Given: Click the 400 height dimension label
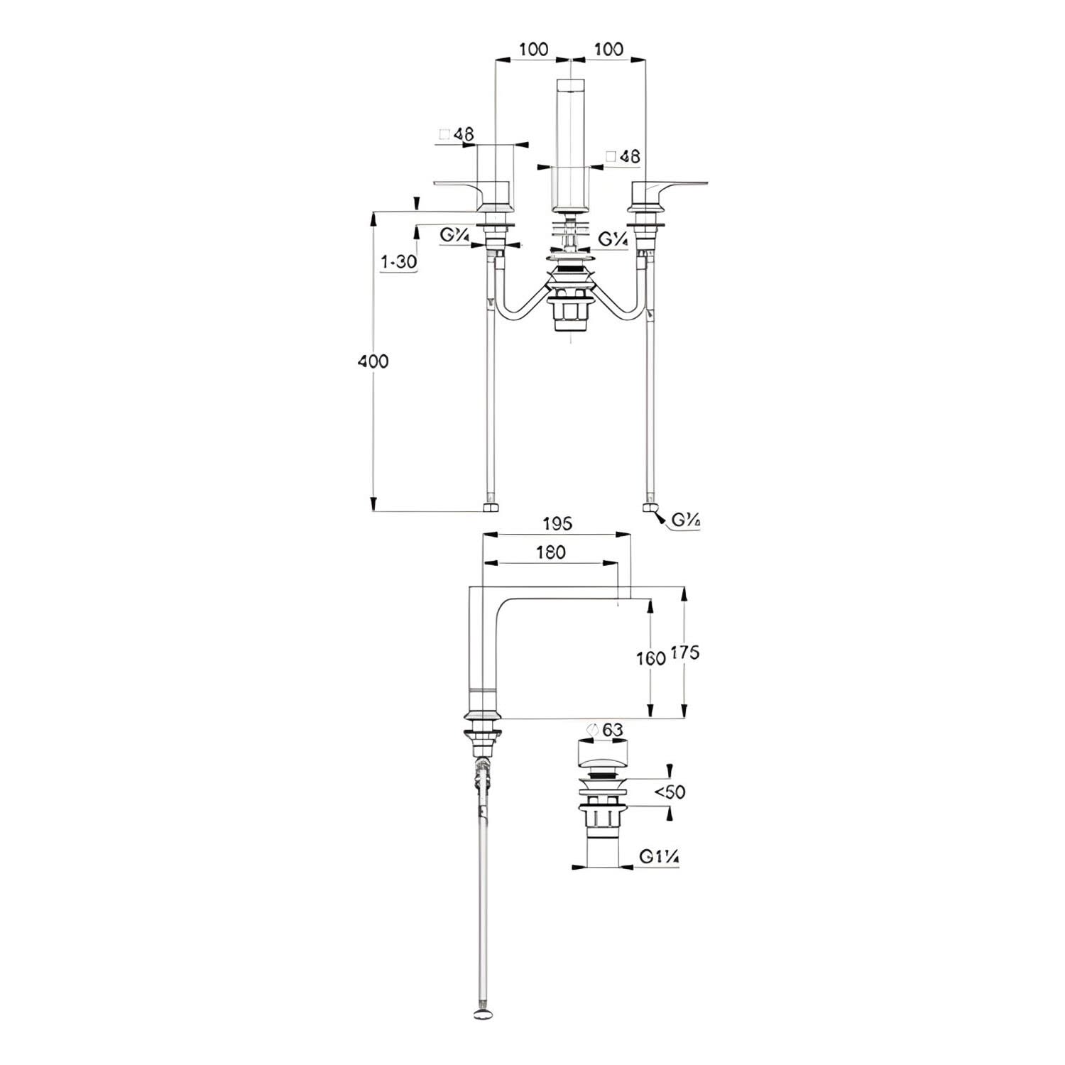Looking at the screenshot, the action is point(373,361).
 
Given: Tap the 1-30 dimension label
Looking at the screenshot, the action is point(398,262).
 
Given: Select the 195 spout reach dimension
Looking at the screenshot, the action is point(557,524).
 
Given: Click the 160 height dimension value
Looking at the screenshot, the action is point(650,657).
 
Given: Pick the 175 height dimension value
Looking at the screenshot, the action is point(684,652).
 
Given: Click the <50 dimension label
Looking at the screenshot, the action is point(670,792).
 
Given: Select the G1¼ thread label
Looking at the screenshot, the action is point(660,858).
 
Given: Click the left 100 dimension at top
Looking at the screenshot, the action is point(533,49).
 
